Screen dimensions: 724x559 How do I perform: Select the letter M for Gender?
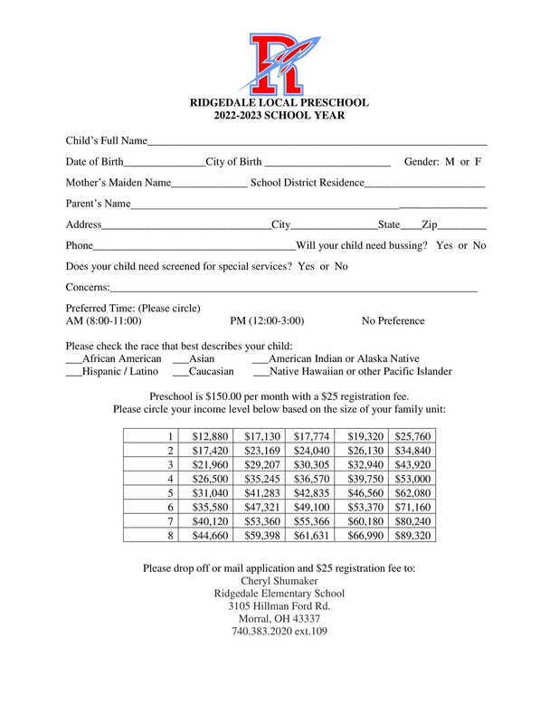tap(450, 162)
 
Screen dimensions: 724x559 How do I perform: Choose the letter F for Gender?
tap(478, 162)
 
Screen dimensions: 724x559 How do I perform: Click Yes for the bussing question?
tap(444, 245)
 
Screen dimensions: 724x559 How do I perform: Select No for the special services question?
tap(341, 266)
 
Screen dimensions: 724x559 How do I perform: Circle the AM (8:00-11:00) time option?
tap(104, 321)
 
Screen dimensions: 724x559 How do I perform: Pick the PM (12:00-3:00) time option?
tap(267, 321)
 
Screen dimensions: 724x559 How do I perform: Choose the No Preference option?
tap(393, 321)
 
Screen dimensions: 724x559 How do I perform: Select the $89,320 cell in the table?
tap(412, 536)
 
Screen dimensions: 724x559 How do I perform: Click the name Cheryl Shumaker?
tap(279, 581)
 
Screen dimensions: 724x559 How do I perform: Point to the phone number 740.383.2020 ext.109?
tap(279, 632)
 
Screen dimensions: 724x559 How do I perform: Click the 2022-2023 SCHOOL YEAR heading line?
tap(279, 116)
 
